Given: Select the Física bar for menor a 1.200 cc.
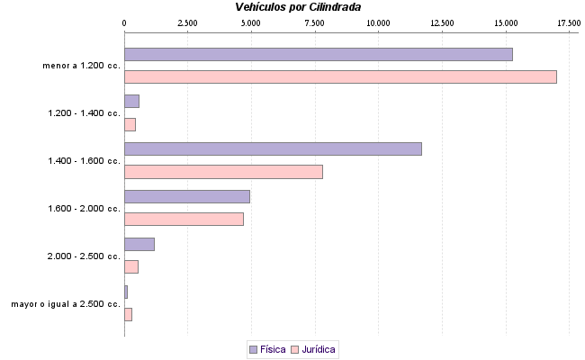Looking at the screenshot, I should [x=318, y=54].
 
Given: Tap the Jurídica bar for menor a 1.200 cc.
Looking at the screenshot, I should [x=340, y=76].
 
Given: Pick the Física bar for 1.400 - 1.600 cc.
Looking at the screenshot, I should [x=273, y=148].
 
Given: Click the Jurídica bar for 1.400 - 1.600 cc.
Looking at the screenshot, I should [x=223, y=171].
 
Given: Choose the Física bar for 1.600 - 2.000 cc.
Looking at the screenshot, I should [x=186, y=196].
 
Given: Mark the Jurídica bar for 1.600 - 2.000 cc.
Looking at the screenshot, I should [x=184, y=219].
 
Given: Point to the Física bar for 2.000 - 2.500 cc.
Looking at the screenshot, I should [x=139, y=244].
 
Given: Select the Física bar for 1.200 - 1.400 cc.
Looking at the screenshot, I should [x=131, y=101].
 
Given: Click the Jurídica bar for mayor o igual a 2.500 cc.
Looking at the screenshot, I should [x=128, y=314].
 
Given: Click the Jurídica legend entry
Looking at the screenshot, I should [x=314, y=349].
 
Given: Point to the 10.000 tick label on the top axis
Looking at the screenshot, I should [x=379, y=21].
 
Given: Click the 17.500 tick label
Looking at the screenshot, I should [x=569, y=21].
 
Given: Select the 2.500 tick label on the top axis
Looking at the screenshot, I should [x=187, y=21].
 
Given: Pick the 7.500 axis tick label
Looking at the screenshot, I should [x=315, y=21].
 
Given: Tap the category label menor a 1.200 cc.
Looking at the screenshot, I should [x=81, y=66].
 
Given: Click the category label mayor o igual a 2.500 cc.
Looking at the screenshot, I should [x=66, y=304].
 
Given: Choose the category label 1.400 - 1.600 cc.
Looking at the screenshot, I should [x=84, y=161].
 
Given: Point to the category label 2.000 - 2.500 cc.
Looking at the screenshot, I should [x=84, y=256].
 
